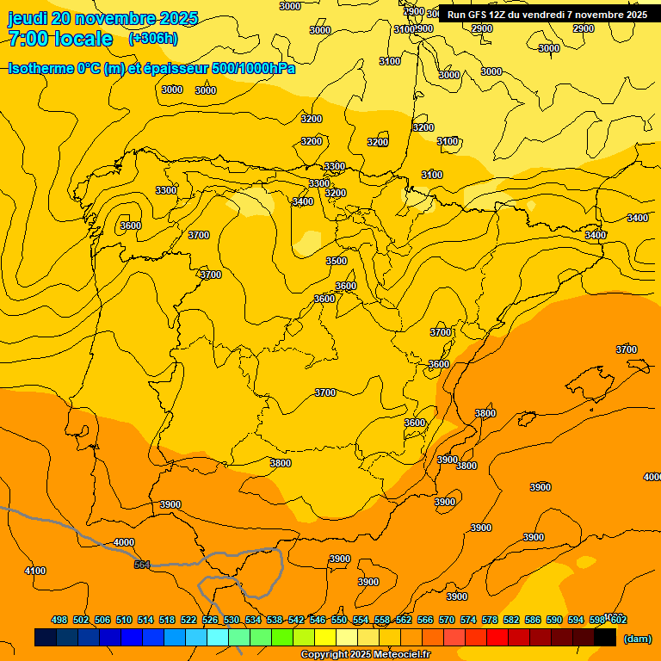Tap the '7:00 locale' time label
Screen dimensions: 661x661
tap(60, 39)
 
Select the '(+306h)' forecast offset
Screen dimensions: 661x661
tap(152, 39)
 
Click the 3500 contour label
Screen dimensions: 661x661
tap(336, 261)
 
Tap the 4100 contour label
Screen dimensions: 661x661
tap(35, 571)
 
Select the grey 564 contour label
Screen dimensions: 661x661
tap(142, 565)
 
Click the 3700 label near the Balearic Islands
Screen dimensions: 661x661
tap(627, 349)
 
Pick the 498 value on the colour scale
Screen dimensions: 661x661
tap(59, 620)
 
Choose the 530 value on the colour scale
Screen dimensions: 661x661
tap(232, 620)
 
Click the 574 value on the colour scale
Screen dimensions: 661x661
tap(468, 620)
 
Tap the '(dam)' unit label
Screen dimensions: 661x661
tap(637, 639)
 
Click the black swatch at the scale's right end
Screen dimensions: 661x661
tap(605, 638)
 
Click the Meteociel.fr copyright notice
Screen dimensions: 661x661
tap(365, 655)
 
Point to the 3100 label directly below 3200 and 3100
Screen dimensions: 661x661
tap(432, 175)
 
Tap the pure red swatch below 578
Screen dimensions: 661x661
tap(497, 638)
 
